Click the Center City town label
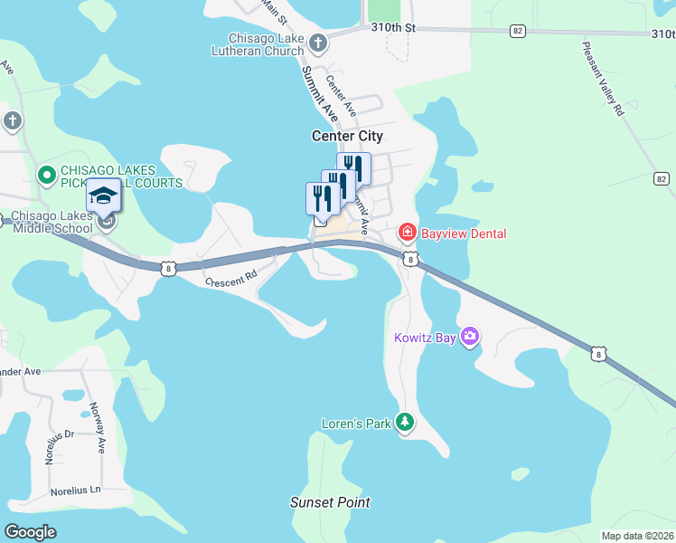[x=347, y=136]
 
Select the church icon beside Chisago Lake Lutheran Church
[x=317, y=42]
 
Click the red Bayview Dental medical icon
[x=407, y=233]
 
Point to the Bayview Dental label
[x=463, y=233]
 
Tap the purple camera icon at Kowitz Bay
[x=469, y=338]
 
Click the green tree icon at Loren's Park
[x=406, y=423]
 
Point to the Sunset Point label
[x=330, y=502]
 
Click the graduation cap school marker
[x=103, y=195]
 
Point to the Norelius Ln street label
[x=75, y=491]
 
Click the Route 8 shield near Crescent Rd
[x=167, y=267]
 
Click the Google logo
[x=31, y=532]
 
